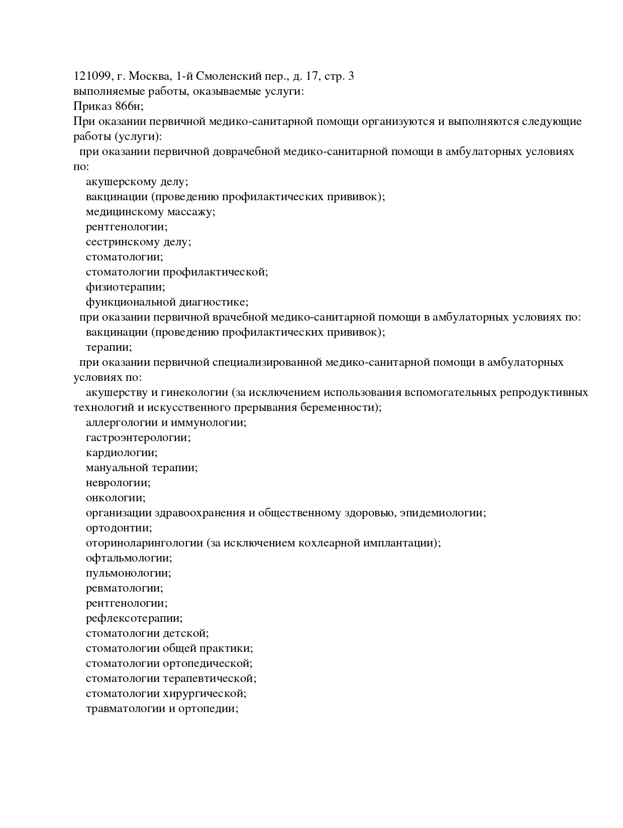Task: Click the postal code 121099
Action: pyautogui.click(x=92, y=76)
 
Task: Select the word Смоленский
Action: pyautogui.click(x=229, y=76)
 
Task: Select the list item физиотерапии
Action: pyautogui.click(x=125, y=287)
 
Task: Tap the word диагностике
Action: pyautogui.click(x=219, y=302)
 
